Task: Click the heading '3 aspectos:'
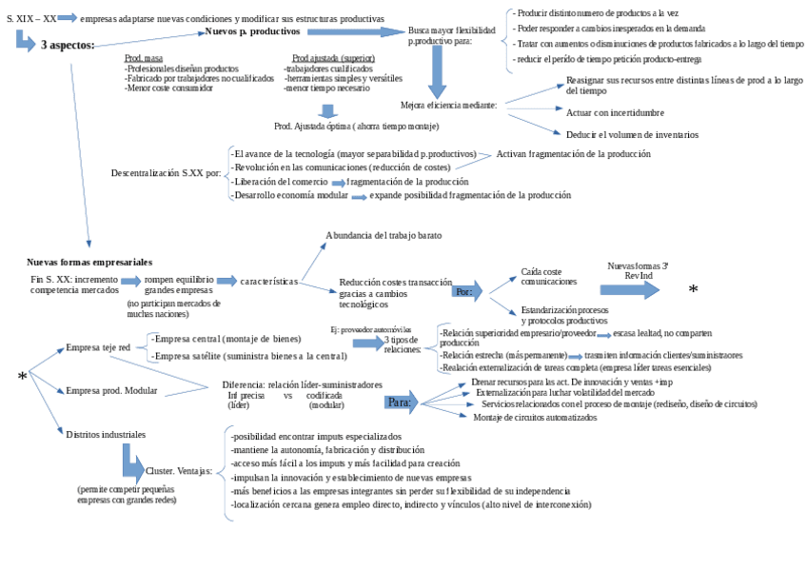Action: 67,45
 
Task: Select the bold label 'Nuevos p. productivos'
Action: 252,31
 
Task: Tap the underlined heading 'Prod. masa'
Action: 144,59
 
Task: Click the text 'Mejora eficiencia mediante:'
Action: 447,105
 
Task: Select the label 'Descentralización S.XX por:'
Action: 166,173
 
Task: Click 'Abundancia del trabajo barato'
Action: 384,235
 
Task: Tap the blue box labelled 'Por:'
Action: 464,291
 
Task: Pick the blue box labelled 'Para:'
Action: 400,402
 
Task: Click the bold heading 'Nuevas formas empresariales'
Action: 89,262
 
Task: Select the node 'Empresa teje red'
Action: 98,348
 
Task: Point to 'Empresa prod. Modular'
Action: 111,390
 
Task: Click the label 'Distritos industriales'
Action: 106,434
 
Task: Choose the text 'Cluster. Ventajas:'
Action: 178,471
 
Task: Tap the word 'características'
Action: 269,282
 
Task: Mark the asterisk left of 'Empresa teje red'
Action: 22,378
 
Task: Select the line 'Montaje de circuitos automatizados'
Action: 535,417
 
